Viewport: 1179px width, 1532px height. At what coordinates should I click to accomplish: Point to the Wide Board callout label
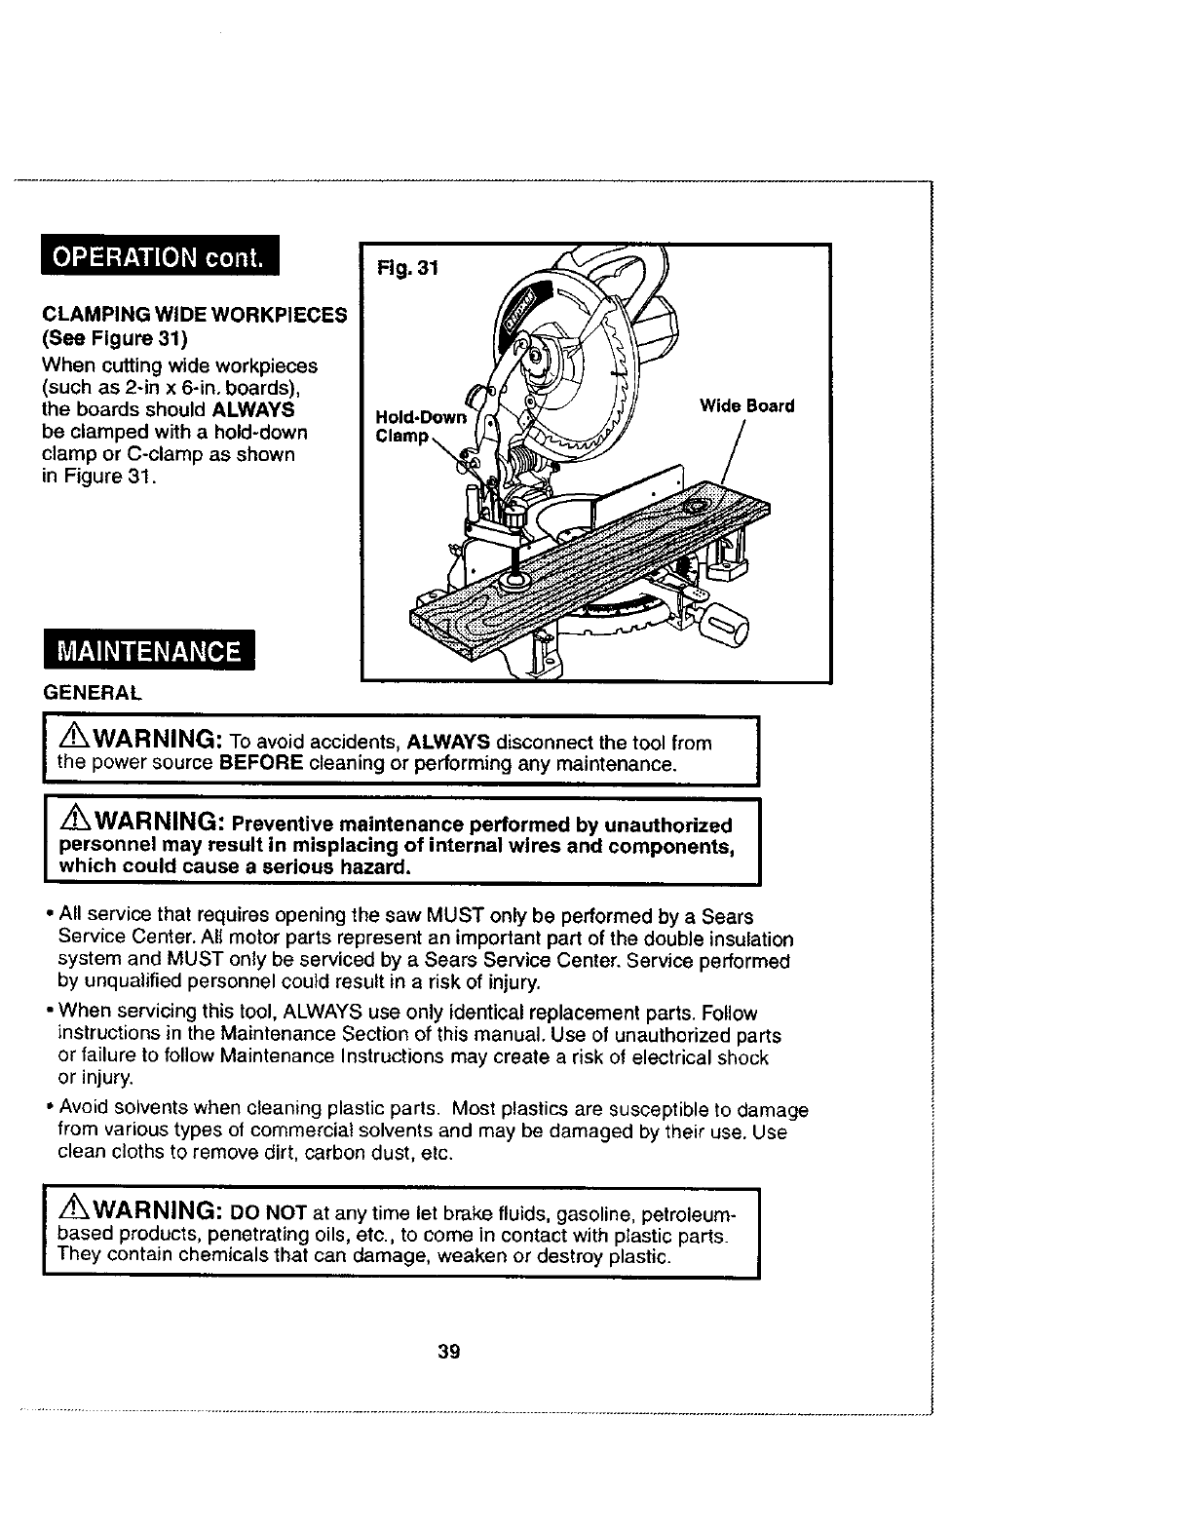pos(747,405)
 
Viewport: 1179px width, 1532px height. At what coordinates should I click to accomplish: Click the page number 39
pos(449,1352)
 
